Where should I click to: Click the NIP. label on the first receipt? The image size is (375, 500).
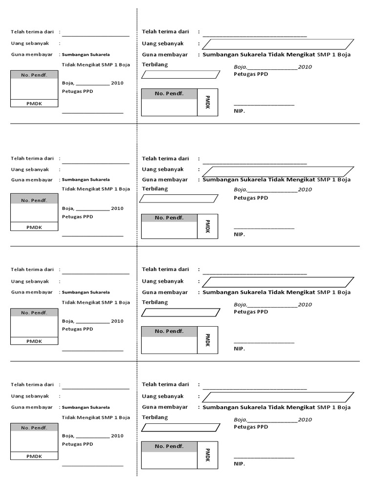239,111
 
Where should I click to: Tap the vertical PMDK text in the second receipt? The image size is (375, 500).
208,227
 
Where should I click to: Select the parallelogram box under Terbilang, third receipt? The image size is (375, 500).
180,312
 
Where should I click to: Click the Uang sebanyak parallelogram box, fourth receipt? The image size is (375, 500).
277,396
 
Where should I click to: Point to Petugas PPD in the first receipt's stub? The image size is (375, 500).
77,91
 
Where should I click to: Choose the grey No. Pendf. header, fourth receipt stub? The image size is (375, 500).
34,428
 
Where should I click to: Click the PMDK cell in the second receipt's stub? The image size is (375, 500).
34,227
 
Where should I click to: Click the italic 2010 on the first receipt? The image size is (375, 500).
305,67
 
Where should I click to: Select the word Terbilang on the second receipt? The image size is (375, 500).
155,189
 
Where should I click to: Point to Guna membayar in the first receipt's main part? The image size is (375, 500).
165,55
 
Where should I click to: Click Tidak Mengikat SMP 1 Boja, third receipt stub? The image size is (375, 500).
96,302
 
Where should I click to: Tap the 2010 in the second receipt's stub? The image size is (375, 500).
117,208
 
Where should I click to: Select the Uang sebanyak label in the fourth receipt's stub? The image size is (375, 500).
30,396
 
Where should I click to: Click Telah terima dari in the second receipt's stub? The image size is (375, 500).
32,159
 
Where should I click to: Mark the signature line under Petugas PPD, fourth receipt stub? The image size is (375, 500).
92,465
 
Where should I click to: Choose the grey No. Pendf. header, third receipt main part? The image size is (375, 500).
169,331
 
